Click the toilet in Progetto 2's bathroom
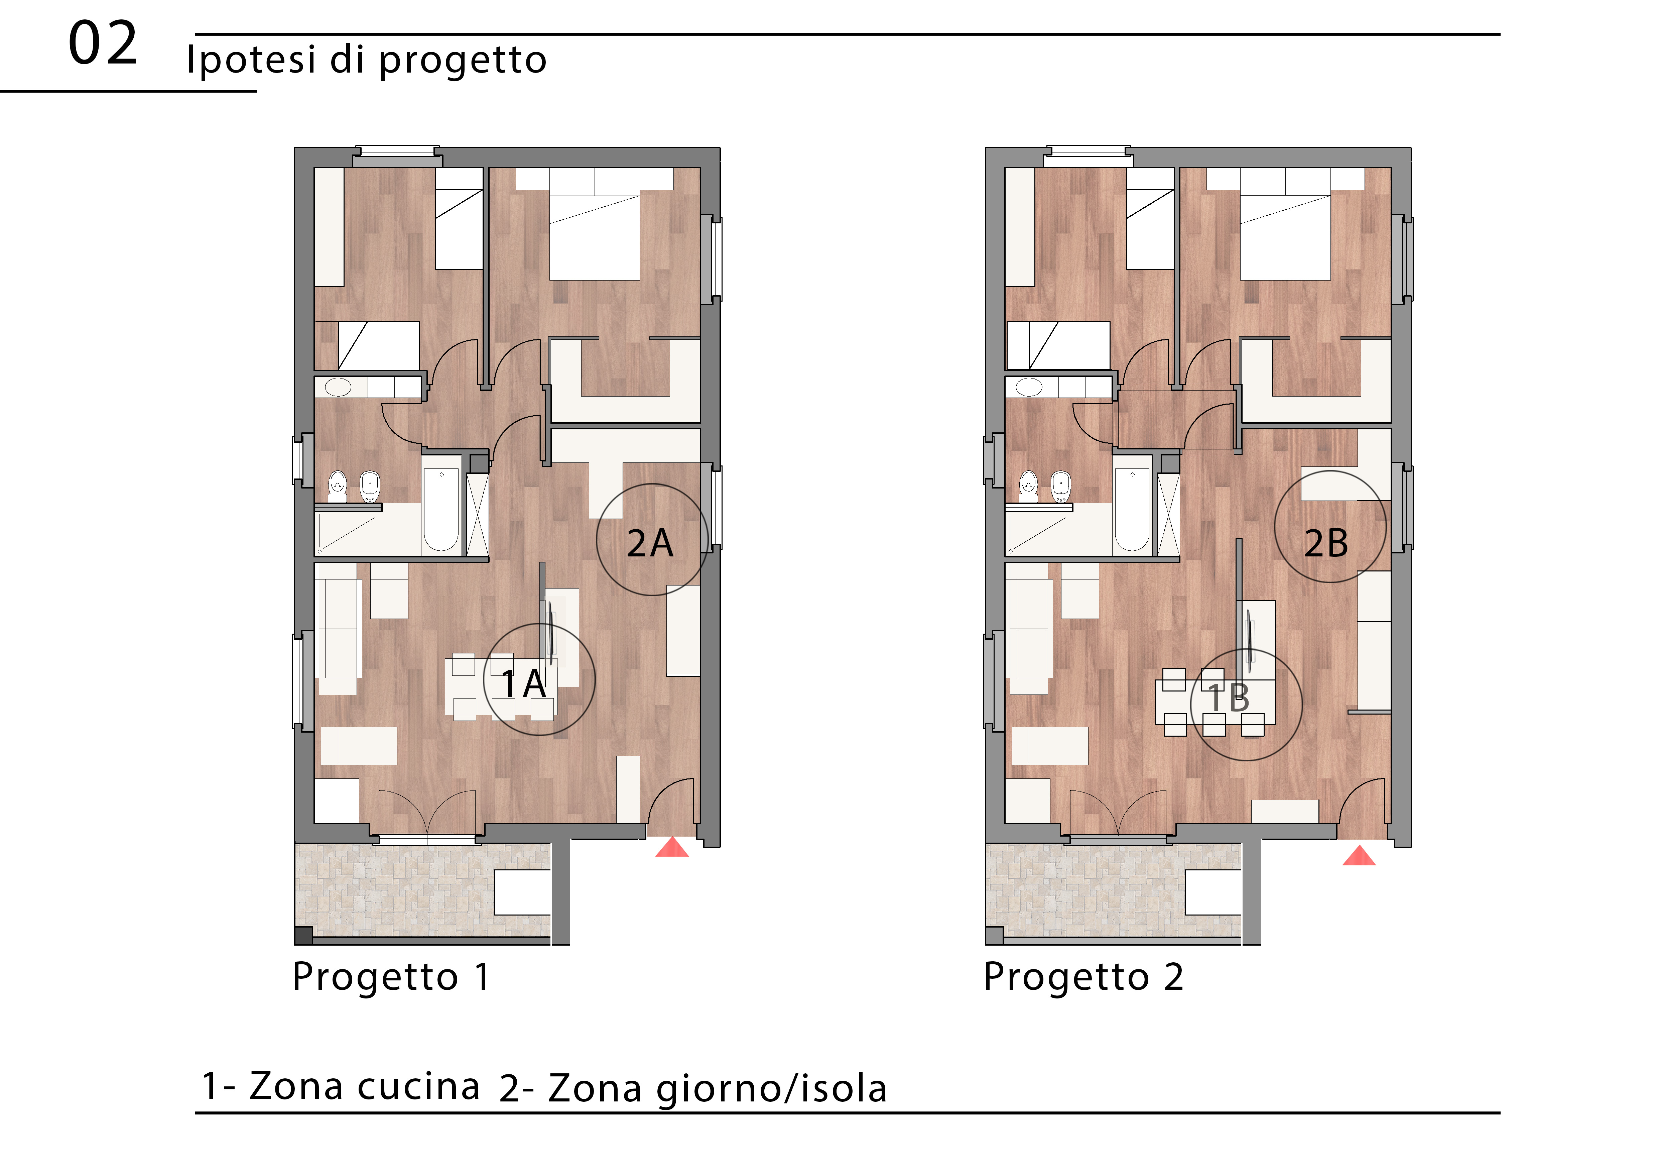1028,486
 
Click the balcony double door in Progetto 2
1118,816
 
